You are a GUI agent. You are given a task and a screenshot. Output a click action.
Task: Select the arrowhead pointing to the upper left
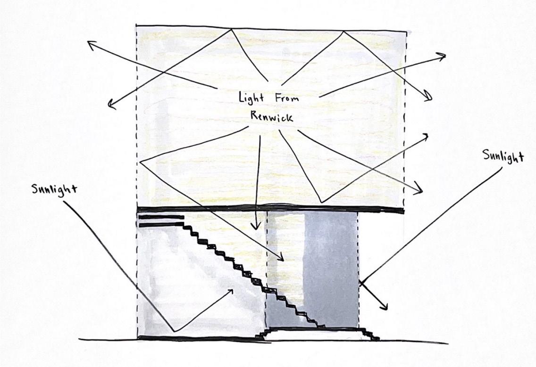(x=90, y=43)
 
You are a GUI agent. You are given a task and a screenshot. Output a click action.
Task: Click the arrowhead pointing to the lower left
(x=110, y=106)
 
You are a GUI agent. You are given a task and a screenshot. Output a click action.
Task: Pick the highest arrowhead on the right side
(x=443, y=56)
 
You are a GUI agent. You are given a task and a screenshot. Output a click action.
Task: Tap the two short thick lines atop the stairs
(x=160, y=220)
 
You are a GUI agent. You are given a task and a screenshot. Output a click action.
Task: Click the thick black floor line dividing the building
(x=269, y=209)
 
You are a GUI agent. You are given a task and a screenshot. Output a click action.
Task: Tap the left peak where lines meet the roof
(x=232, y=29)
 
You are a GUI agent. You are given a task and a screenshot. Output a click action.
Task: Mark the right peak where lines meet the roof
(x=343, y=31)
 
